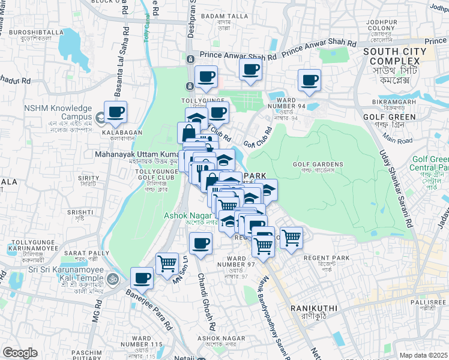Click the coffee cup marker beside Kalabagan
coord(115,112)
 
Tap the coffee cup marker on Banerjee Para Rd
coord(142,278)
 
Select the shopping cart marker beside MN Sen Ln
coord(167,263)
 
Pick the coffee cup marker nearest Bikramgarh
coord(310,80)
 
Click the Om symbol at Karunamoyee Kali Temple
coord(112,278)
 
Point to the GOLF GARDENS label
coord(318,164)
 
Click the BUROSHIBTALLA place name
coord(32,32)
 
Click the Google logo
coord(20,353)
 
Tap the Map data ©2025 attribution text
coord(423,355)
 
